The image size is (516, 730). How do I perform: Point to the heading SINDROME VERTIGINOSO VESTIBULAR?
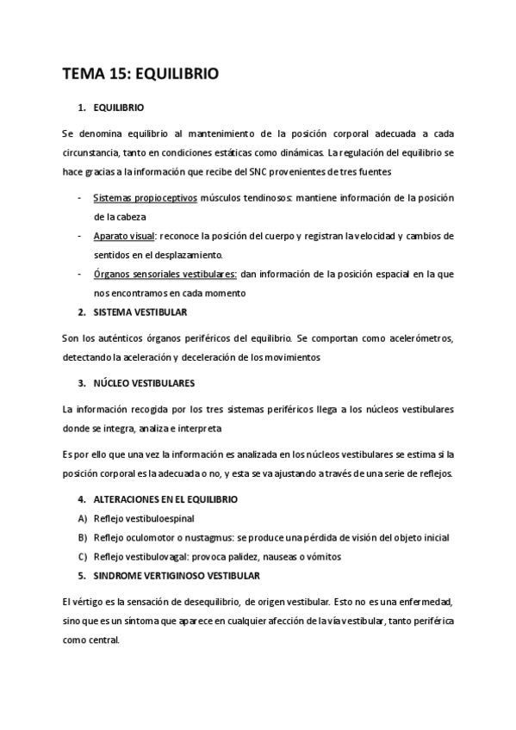[177, 574]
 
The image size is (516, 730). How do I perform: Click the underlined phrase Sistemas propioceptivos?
[145, 198]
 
